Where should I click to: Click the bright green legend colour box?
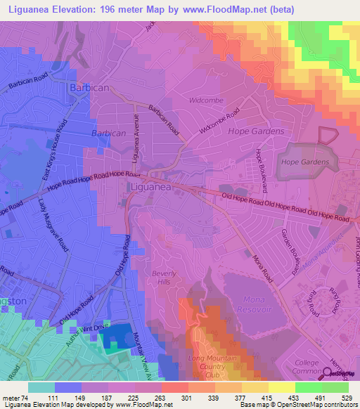(307, 387)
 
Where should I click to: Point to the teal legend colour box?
(41, 387)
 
